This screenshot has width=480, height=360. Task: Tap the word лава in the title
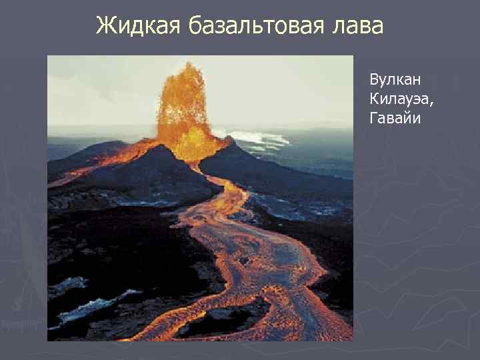point(361,27)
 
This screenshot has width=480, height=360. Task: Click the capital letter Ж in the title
point(105,27)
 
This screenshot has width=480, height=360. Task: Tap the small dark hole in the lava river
point(243,260)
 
